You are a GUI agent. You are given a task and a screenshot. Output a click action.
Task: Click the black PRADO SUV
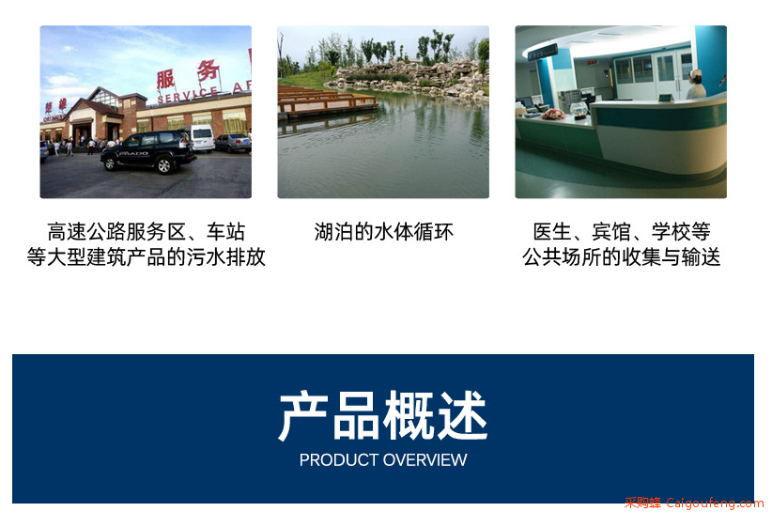tap(147, 151)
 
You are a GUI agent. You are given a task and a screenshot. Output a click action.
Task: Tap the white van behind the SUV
tap(201, 138)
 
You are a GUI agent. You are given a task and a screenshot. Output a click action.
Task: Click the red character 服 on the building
tap(165, 80)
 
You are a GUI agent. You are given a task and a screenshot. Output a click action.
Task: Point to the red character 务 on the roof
tap(208, 70)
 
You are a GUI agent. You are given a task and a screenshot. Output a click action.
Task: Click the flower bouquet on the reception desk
tap(553, 115)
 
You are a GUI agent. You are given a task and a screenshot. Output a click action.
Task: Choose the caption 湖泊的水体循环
tap(383, 231)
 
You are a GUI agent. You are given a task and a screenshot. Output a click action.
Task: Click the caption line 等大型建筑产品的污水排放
tap(146, 256)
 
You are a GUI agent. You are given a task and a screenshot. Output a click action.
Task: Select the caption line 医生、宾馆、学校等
tap(622, 231)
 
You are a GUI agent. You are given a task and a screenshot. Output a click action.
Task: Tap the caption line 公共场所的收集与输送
tap(622, 256)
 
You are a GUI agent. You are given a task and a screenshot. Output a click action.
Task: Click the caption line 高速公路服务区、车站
tap(146, 231)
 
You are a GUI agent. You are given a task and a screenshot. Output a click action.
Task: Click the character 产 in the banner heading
tap(303, 415)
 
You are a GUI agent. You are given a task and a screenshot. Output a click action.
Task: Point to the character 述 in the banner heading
tap(463, 415)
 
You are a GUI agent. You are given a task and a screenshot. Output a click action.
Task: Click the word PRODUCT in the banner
tap(339, 460)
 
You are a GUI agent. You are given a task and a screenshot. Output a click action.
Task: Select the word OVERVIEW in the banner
tap(425, 460)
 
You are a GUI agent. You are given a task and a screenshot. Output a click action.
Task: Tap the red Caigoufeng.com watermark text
tap(715, 503)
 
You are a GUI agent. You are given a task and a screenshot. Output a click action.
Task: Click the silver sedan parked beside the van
tap(233, 143)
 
